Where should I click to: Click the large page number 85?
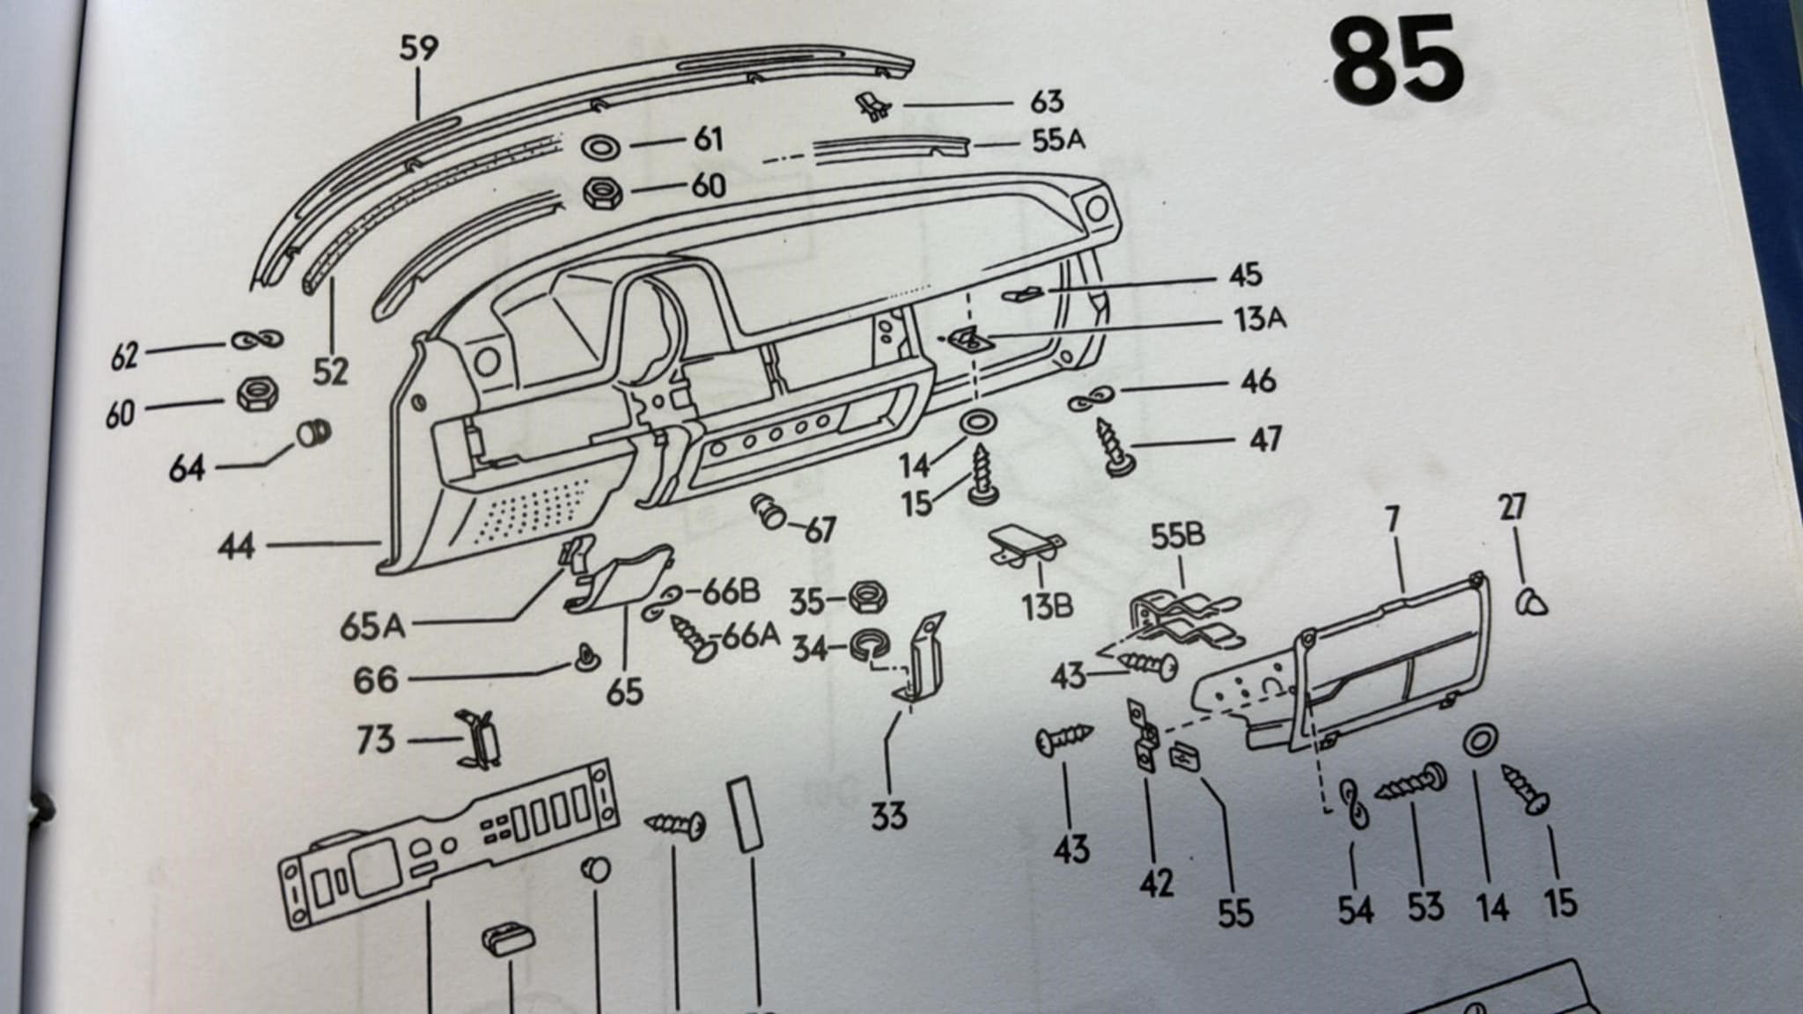click(1397, 60)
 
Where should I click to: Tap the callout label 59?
click(418, 48)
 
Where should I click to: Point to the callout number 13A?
click(1259, 318)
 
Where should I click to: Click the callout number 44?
click(237, 547)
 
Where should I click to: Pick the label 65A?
click(372, 627)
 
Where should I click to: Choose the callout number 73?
click(376, 739)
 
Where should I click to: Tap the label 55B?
click(1178, 536)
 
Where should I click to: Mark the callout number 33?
click(888, 816)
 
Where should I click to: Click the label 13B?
click(1047, 606)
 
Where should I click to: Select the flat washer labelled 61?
click(601, 147)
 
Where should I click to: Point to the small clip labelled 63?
click(872, 107)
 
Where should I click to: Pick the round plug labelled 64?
click(313, 433)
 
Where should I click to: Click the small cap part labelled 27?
click(1532, 603)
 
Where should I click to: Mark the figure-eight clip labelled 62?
click(256, 340)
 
